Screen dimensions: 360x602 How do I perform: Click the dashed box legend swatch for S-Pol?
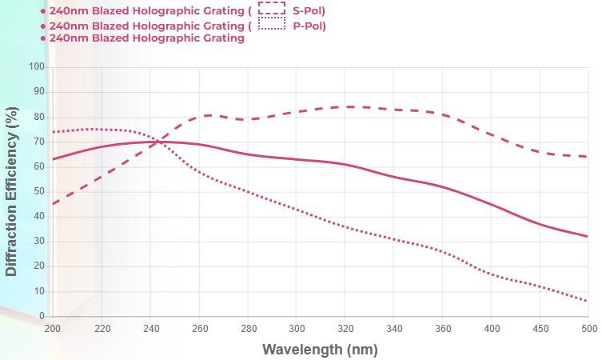(273, 10)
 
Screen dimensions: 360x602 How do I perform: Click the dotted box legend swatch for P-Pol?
(273, 25)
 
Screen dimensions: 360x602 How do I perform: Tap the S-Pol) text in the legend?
(309, 10)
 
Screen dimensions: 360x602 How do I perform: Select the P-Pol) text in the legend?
(309, 26)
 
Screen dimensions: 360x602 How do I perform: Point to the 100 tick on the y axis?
(36, 67)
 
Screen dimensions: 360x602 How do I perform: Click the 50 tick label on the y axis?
(38, 192)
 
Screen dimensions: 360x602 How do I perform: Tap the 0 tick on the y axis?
(42, 317)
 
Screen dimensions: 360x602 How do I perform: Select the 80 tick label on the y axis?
(38, 117)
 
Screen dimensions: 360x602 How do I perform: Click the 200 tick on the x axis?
(53, 328)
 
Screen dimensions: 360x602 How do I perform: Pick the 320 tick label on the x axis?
(346, 328)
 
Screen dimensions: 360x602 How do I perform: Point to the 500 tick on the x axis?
(588, 328)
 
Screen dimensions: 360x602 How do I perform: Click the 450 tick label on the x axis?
(542, 328)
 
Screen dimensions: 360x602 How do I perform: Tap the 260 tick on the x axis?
(199, 328)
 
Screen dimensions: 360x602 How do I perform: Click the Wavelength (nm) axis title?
(319, 349)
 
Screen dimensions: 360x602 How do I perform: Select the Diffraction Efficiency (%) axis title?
(12, 192)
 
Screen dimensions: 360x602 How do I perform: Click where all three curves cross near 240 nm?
(155, 142)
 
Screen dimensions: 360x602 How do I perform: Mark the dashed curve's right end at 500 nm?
(588, 157)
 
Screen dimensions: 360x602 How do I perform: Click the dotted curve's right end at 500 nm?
(588, 302)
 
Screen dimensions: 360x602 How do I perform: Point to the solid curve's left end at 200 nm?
(53, 159)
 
